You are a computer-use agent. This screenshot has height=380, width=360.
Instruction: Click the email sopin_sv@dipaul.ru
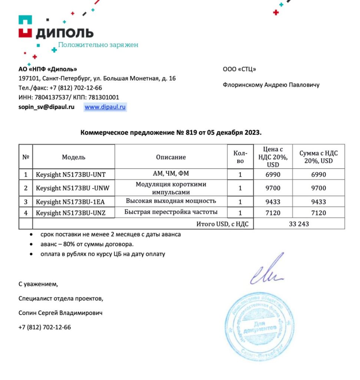tap(46, 107)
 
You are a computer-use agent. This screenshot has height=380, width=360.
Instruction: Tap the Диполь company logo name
tap(65, 33)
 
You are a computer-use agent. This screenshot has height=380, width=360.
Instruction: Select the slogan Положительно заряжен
tap(98, 45)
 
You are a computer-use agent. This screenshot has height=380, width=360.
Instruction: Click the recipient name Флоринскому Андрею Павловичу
tap(271, 85)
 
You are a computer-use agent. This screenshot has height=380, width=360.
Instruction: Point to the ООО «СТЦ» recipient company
tap(240, 69)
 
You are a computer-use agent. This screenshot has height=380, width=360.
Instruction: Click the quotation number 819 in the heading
tap(189, 132)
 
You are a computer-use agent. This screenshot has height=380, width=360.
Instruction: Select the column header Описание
tap(171, 157)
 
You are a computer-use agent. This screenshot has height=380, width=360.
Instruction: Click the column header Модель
tap(73, 157)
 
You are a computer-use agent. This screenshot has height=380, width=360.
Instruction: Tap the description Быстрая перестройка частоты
tap(171, 212)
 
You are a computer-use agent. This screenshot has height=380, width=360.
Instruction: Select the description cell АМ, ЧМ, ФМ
tap(171, 173)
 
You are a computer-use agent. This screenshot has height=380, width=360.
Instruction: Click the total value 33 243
tap(299, 224)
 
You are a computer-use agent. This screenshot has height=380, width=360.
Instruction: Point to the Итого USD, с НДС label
tap(222, 224)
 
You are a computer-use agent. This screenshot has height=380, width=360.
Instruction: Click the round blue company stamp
tap(257, 325)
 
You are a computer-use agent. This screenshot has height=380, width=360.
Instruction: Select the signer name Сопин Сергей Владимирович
tap(60, 313)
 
